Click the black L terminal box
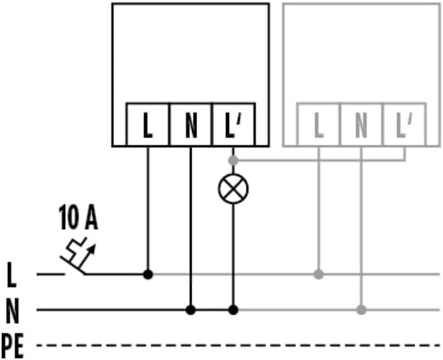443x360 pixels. click(x=148, y=125)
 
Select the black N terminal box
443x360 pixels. click(x=191, y=125)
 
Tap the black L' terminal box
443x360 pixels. click(x=233, y=125)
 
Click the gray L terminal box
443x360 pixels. click(x=318, y=125)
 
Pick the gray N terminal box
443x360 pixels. click(x=361, y=125)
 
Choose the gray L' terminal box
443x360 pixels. click(x=404, y=125)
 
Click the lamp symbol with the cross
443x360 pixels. click(x=233, y=189)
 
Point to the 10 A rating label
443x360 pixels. click(x=78, y=217)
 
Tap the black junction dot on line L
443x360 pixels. click(x=148, y=274)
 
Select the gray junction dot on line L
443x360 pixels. click(x=318, y=274)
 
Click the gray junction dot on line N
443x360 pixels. click(x=361, y=309)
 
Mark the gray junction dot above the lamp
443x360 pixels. click(x=233, y=161)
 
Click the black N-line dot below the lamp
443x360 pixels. click(x=233, y=309)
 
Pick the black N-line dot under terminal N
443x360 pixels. click(x=191, y=309)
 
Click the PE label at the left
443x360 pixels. click(x=12, y=346)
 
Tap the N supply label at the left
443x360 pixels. click(x=12, y=311)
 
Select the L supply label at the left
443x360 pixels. click(x=11, y=275)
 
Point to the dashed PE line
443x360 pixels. click(x=238, y=345)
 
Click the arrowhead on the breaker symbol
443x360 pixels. click(x=92, y=249)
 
